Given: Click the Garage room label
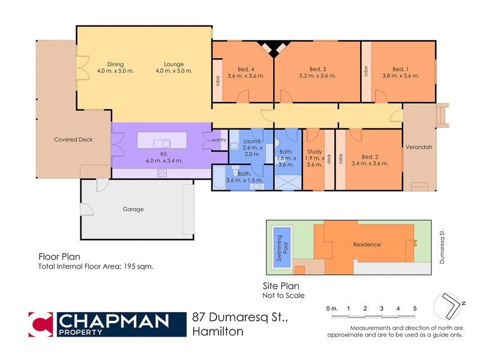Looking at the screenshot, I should [133, 209].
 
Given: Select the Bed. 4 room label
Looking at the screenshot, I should [242, 69].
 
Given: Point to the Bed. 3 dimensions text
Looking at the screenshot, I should [318, 76].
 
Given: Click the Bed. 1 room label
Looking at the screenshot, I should [399, 69].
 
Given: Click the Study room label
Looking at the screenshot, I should [314, 151].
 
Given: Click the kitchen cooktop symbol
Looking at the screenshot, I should [162, 173].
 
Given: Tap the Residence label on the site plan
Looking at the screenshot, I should [367, 244].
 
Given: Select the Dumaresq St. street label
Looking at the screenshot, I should [440, 238].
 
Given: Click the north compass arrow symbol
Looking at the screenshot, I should [450, 307].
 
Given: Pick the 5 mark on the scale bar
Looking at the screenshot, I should [414, 308].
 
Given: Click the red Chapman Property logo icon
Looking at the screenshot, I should [41, 324].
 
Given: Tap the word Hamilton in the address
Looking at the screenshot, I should [218, 332].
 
